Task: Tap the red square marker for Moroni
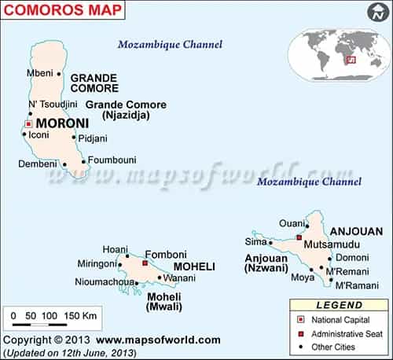28,124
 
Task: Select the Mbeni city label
39,74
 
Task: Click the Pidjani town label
93,138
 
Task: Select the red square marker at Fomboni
145,264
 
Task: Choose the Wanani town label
180,277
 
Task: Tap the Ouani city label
290,223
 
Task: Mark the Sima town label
256,241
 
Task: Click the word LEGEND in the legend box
339,304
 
